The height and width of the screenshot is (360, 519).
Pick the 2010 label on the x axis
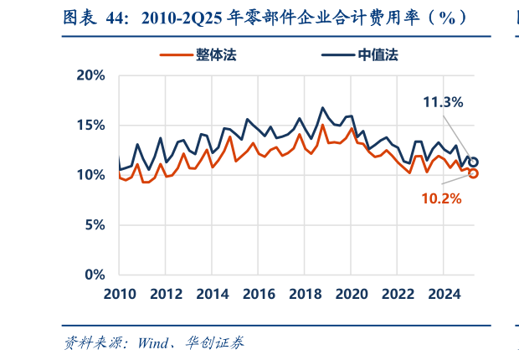[120, 294]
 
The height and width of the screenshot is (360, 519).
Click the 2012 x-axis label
[167, 294]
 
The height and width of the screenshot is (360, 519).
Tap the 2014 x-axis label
[213, 294]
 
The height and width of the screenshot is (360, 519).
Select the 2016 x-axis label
[259, 294]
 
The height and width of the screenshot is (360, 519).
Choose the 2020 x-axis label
[352, 294]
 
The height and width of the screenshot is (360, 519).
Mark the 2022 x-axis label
[398, 294]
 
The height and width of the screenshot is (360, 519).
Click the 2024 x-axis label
[444, 294]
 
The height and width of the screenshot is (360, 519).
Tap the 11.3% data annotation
[443, 102]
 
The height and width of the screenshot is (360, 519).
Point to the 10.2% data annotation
[441, 198]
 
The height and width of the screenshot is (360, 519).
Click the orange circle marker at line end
[473, 173]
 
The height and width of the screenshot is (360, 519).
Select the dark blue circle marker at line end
[473, 162]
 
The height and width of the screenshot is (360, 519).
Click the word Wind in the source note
[155, 343]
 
